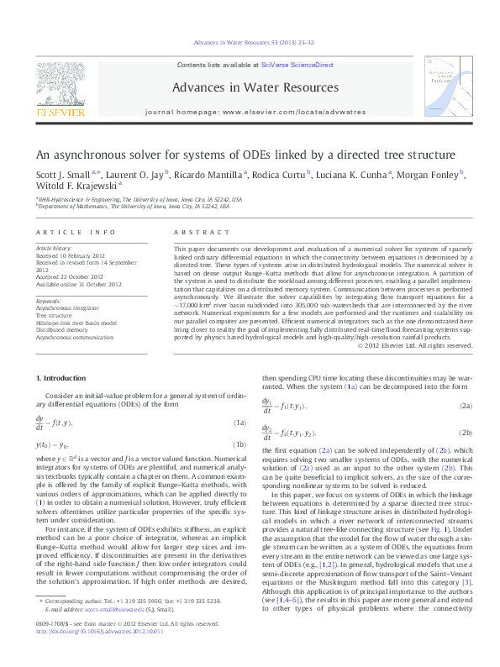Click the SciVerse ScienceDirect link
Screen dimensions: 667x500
pos(297,65)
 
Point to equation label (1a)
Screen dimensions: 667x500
pos(239,423)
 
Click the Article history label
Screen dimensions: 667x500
pos(54,249)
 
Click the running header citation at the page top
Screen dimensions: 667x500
pos(250,40)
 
